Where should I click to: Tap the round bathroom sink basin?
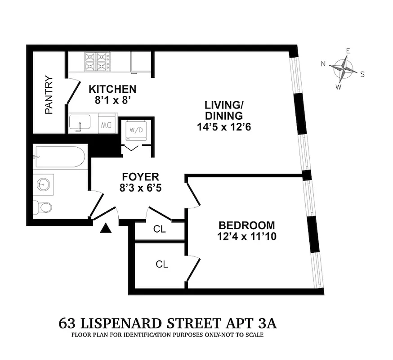point(44,184)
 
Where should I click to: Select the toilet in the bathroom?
point(43,207)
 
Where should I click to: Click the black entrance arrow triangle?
point(105,229)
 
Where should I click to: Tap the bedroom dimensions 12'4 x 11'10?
point(246,236)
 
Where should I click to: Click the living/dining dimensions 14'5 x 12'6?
point(223,127)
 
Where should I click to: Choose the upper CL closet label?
point(159,229)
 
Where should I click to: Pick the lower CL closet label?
point(161,265)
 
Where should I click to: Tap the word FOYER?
point(141,177)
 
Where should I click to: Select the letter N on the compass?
point(323,64)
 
